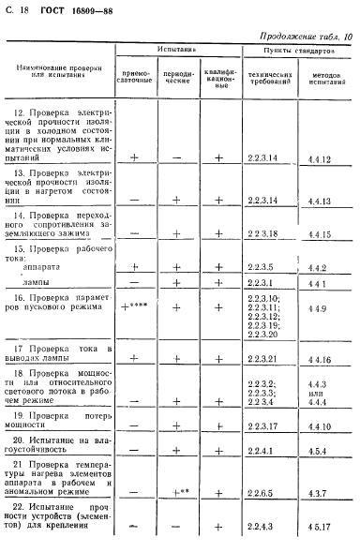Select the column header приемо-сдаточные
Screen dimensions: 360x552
tap(134, 81)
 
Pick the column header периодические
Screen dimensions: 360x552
tap(178, 81)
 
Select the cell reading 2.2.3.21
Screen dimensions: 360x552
tap(264, 357)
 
